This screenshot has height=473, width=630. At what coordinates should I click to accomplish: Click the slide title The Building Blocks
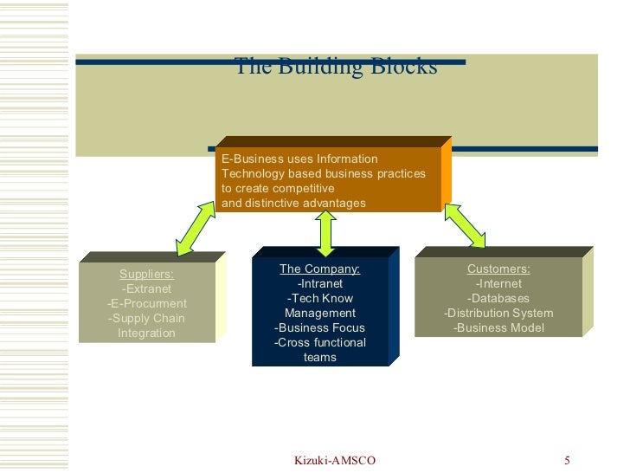(x=336, y=67)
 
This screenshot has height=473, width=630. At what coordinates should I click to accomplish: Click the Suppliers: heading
(x=146, y=275)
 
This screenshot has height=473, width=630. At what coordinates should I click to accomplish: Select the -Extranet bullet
(x=146, y=289)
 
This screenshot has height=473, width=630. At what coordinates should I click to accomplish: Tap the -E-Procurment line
(x=146, y=304)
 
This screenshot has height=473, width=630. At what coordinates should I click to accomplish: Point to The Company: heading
(x=319, y=269)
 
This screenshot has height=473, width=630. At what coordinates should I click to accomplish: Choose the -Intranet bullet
(x=319, y=284)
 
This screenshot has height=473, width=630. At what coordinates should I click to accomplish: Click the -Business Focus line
(x=319, y=328)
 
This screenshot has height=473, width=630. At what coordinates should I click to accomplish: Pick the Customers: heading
(x=498, y=269)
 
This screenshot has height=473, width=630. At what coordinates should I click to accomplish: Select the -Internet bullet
(x=498, y=284)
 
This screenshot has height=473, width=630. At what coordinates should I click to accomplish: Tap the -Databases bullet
(x=498, y=299)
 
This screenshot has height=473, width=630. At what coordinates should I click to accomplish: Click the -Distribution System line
(x=498, y=314)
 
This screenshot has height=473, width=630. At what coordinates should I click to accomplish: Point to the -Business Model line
(x=498, y=328)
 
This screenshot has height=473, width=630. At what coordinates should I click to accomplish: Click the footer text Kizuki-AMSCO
(x=335, y=460)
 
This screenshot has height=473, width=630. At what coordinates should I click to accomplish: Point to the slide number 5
(x=568, y=460)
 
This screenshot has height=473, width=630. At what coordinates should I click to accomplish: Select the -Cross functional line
(x=319, y=343)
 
